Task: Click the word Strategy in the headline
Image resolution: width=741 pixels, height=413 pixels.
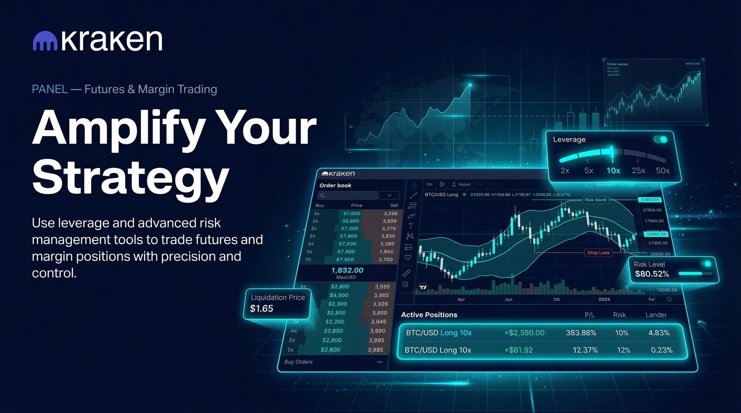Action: (x=130, y=178)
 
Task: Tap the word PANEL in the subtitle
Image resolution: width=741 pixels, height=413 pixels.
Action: (x=50, y=89)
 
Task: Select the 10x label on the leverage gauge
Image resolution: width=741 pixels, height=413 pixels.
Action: (x=613, y=171)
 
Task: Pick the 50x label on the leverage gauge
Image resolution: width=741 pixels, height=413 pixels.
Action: (x=663, y=171)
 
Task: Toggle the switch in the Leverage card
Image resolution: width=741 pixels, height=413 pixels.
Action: (x=661, y=139)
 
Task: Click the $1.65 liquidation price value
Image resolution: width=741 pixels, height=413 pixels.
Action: (x=261, y=308)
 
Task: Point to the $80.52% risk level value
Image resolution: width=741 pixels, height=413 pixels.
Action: (x=652, y=274)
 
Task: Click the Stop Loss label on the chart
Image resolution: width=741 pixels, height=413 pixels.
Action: (x=598, y=253)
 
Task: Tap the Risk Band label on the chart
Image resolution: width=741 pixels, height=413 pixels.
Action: (x=595, y=200)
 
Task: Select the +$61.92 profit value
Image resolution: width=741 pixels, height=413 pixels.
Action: (x=518, y=350)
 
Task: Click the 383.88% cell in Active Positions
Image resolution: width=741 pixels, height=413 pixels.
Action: (x=581, y=333)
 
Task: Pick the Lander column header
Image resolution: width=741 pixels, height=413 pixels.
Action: (x=656, y=315)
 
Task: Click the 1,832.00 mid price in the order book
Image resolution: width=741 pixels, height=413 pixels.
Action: (x=347, y=270)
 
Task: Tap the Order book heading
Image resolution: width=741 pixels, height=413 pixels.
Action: (x=335, y=185)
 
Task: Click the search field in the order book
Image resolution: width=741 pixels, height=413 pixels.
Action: (x=347, y=195)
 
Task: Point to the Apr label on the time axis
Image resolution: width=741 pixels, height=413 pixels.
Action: (x=461, y=300)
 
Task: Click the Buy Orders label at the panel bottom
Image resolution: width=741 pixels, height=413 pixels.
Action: (x=298, y=362)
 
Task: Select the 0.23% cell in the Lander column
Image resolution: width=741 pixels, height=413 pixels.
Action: (x=662, y=350)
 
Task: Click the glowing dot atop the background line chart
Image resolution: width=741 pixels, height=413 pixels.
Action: (x=470, y=85)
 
